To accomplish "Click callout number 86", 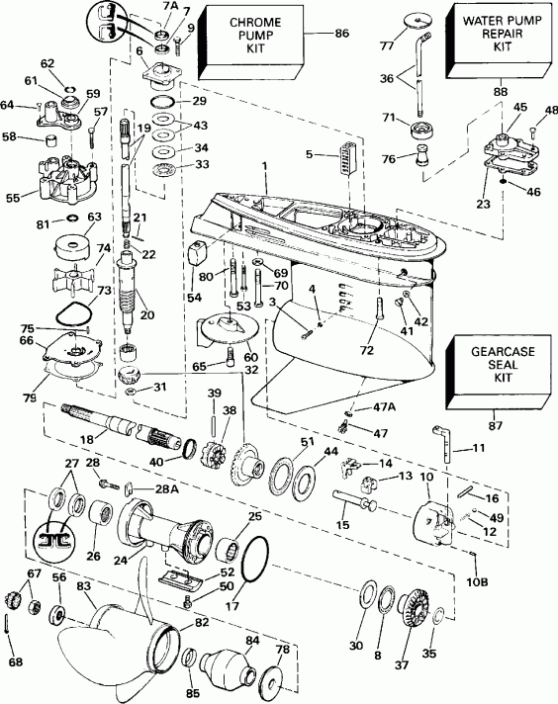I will (x=342, y=34).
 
